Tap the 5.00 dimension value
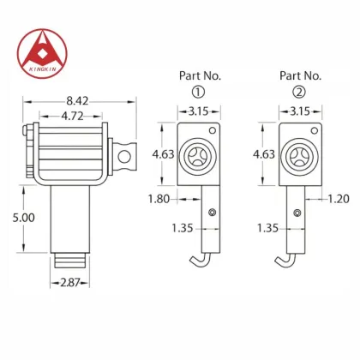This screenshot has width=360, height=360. point(24,218)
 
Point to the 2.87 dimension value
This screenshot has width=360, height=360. point(69,282)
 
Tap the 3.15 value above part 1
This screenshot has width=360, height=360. point(198,111)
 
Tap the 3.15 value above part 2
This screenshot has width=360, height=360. point(300,111)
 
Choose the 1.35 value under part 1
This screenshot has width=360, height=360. point(183,228)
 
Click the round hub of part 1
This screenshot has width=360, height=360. point(200,155)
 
